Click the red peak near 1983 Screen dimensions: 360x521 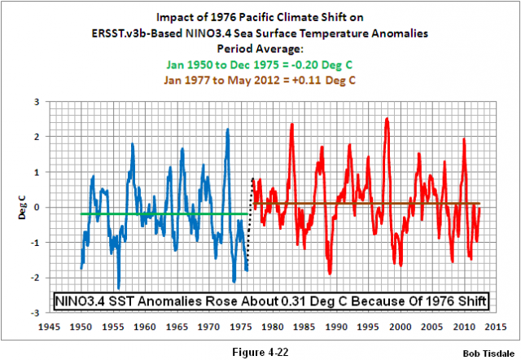(291, 124)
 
